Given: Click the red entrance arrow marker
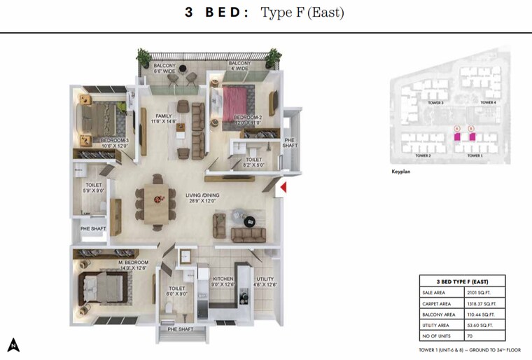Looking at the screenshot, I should (283, 187).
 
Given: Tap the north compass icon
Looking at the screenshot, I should (13, 345).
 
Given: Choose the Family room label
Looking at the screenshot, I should (164, 119).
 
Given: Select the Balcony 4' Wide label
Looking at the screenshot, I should (239, 67).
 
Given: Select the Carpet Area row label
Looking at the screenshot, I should (440, 304).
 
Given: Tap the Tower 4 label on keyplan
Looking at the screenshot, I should (488, 103).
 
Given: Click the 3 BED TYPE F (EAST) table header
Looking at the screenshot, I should (461, 280).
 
